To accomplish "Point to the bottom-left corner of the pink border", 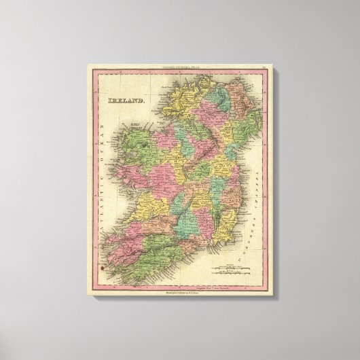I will [88, 293].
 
